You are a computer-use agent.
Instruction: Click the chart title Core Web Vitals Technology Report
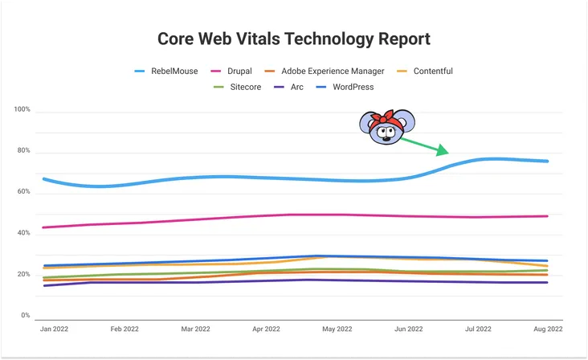[293, 39]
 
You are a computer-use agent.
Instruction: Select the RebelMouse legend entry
[169, 71]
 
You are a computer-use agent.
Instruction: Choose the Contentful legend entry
[433, 71]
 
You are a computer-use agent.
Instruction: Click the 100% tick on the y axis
[22, 109]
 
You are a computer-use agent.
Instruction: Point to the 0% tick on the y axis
[25, 316]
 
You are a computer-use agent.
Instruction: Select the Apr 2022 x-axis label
[266, 329]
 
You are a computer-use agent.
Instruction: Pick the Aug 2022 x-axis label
[548, 329]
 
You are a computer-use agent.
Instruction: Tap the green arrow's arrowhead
[443, 149]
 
